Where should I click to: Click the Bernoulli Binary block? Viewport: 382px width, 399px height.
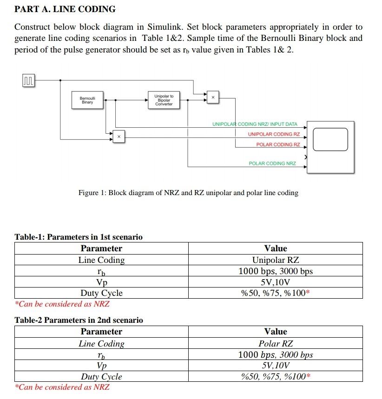pyautogui.click(x=87, y=100)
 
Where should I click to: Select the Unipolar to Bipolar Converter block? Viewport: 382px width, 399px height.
pyautogui.click(x=164, y=100)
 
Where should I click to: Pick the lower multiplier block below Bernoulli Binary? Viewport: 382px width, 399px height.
pyautogui.click(x=119, y=137)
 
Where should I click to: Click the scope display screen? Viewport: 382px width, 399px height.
pyautogui.click(x=330, y=139)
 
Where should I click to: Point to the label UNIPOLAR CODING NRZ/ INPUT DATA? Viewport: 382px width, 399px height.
pyautogui.click(x=255, y=124)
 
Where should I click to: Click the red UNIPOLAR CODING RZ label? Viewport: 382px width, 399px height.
pyautogui.click(x=274, y=134)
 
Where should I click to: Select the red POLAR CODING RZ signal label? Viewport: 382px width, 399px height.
pyautogui.click(x=278, y=144)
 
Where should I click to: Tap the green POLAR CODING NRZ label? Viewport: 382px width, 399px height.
pyautogui.click(x=272, y=164)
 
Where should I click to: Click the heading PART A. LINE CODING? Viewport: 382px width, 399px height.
pyautogui.click(x=65, y=9)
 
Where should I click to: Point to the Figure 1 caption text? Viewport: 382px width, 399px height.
pyautogui.click(x=188, y=193)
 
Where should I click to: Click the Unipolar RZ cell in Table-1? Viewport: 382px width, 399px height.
pyautogui.click(x=275, y=260)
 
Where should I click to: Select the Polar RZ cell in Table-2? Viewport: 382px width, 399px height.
pyautogui.click(x=275, y=344)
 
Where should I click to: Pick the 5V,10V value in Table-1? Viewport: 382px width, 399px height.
pyautogui.click(x=275, y=282)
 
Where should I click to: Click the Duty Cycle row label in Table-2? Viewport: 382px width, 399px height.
pyautogui.click(x=101, y=377)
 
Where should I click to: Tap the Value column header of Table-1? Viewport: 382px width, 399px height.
pyautogui.click(x=275, y=249)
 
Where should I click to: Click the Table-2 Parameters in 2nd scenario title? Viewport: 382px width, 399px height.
pyautogui.click(x=79, y=320)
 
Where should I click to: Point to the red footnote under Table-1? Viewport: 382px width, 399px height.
pyautogui.click(x=62, y=304)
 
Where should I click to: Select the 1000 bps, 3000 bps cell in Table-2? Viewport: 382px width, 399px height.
pyautogui.click(x=275, y=355)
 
